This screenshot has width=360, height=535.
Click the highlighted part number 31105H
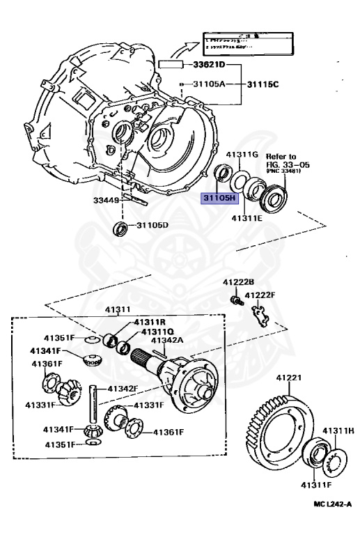click(219, 198)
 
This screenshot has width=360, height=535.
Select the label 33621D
click(208, 65)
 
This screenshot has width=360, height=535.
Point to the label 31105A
click(210, 84)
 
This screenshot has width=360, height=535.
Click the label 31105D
click(152, 226)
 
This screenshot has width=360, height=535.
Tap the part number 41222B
click(239, 282)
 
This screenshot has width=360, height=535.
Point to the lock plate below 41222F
click(261, 316)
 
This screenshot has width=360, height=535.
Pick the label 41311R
click(149, 323)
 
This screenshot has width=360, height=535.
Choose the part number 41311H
click(338, 432)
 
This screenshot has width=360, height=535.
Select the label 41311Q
click(157, 332)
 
